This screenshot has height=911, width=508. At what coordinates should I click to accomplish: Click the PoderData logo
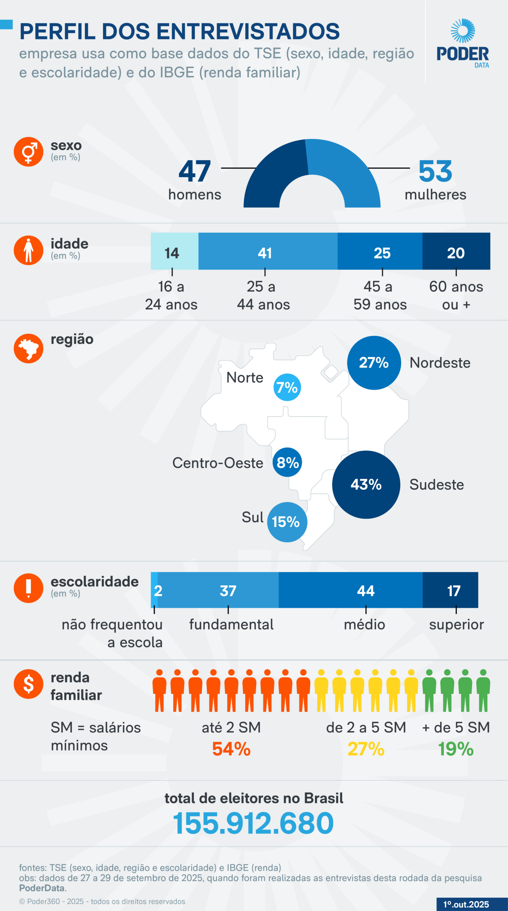coord(462,43)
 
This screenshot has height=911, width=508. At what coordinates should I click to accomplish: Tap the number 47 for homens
coord(194,171)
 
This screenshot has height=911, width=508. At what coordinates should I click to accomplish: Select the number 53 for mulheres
coord(435,171)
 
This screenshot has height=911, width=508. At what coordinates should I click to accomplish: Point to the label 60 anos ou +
coord(456,295)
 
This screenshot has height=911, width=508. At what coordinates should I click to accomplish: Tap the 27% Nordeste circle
coord(374,363)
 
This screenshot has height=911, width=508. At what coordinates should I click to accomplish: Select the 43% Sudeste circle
coord(366,484)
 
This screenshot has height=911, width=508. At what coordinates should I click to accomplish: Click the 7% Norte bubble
coord(287,387)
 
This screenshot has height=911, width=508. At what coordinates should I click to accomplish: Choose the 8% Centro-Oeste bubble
coord(287,462)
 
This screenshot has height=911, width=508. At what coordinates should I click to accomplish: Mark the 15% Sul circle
coord(287,522)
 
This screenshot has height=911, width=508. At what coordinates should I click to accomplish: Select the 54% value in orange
coord(231,749)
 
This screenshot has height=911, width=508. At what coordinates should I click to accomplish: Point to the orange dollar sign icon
coord(28,684)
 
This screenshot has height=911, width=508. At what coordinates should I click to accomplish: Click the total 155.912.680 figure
coord(253,823)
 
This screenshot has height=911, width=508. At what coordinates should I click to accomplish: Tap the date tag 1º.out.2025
coord(466,904)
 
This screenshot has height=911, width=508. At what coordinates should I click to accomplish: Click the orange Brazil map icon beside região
coord(28,348)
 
